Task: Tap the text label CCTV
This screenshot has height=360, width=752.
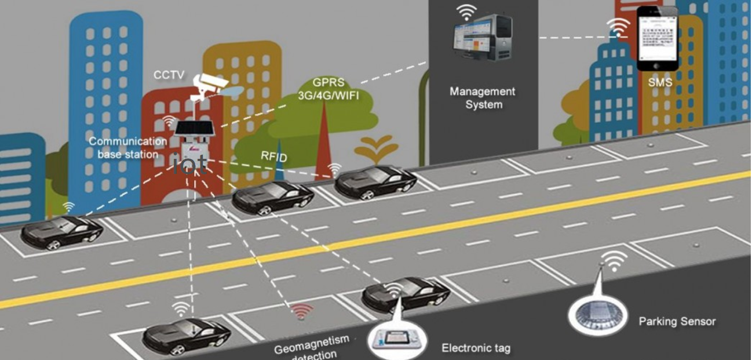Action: pos(169,75)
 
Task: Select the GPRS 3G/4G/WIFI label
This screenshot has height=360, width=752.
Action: pos(328,89)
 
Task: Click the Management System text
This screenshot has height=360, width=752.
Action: pos(483,98)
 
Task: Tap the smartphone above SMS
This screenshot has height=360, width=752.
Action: pos(657,38)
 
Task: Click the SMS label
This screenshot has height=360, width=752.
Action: pos(660,82)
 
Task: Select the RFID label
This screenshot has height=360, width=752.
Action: pos(273,156)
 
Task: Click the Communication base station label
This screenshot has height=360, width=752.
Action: pos(127,148)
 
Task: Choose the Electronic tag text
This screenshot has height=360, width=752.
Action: pos(476,348)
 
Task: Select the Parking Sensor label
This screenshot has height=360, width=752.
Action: pos(677,321)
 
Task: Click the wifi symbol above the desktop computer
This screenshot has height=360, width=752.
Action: pos(466,12)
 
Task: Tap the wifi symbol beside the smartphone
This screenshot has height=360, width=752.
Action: pos(618,27)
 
